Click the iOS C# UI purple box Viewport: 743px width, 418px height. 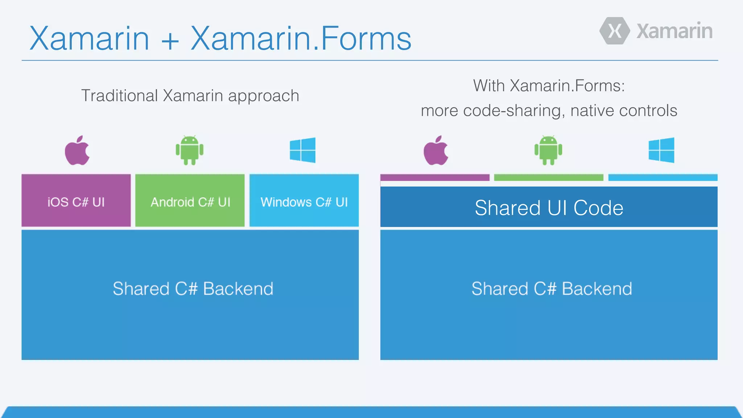[x=76, y=200]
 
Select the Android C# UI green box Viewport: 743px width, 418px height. [x=190, y=200]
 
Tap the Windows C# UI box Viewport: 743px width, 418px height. [x=304, y=200]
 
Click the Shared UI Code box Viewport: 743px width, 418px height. [x=549, y=207]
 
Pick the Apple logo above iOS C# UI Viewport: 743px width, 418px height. [x=77, y=151]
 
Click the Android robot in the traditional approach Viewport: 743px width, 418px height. [x=189, y=150]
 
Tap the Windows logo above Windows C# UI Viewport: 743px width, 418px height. [x=303, y=150]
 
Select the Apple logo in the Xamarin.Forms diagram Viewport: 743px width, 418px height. [x=436, y=151]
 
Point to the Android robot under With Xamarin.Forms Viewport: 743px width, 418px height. [x=548, y=150]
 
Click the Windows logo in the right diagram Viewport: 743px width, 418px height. [x=661, y=150]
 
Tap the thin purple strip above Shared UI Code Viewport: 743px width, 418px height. [x=435, y=177]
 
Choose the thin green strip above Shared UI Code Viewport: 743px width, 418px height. [x=549, y=177]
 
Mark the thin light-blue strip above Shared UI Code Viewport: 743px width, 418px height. [x=663, y=177]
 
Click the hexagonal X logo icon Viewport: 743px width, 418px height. [x=615, y=31]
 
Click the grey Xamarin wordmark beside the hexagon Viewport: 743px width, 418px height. [x=674, y=31]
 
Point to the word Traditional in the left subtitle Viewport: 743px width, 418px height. [x=119, y=96]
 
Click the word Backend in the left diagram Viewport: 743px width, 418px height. [x=238, y=289]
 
